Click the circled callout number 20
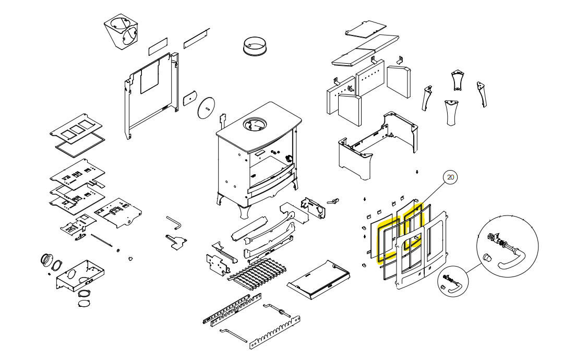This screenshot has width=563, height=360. tap(451, 177)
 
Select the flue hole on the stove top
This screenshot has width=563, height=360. tap(255, 125)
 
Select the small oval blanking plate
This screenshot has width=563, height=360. tap(188, 98)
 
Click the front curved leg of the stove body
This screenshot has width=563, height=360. tap(244, 209)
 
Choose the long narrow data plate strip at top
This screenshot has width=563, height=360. tap(196, 36)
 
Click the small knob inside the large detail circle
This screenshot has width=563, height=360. tap(487, 257)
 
